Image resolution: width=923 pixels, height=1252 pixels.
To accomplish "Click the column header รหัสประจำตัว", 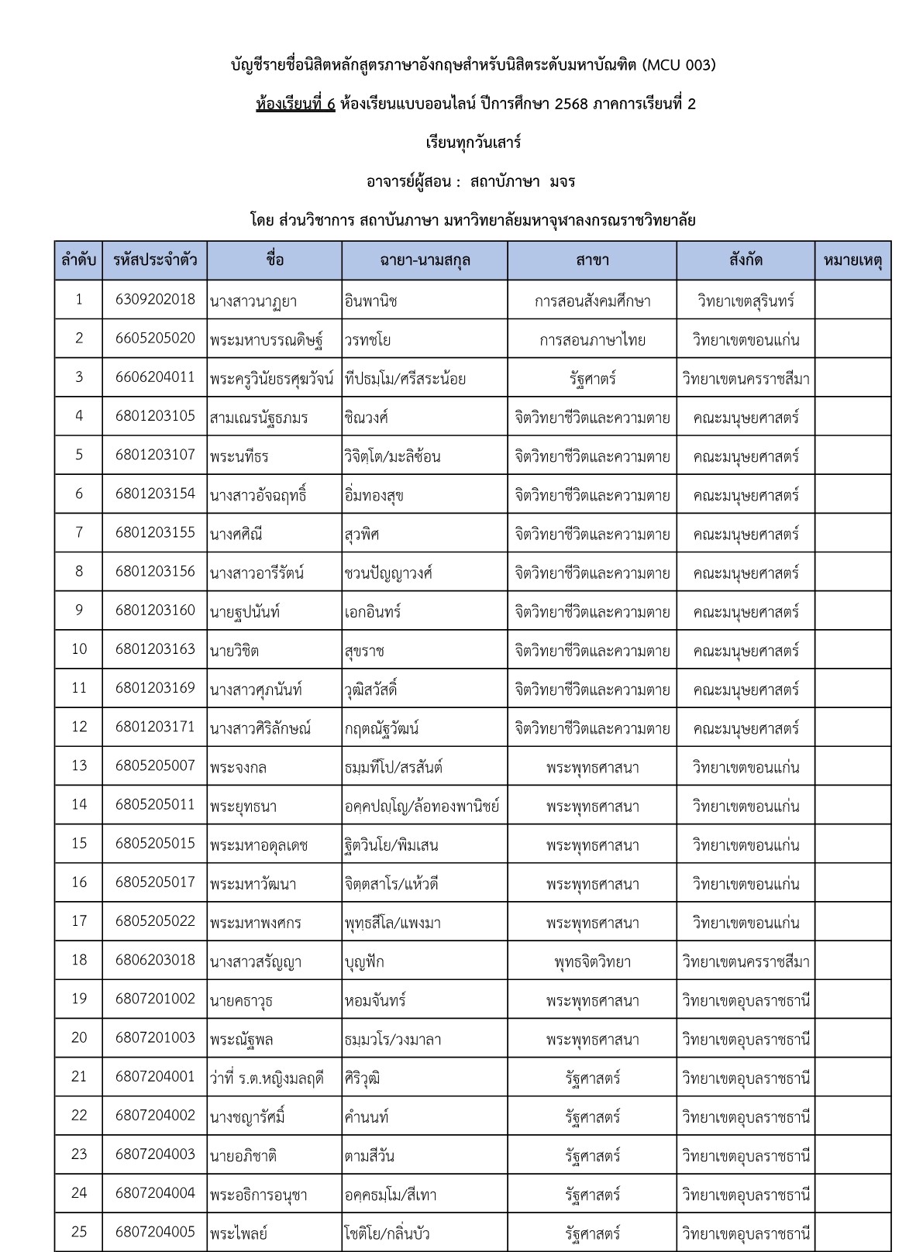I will pos(155,260).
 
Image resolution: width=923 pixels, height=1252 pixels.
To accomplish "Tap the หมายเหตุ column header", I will pos(852,260).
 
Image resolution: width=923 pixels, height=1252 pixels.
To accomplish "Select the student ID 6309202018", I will pos(155,300).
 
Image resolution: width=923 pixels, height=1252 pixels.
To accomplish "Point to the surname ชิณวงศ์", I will pos(367,418).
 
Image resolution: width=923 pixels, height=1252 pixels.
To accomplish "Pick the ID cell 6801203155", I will pos(155,533).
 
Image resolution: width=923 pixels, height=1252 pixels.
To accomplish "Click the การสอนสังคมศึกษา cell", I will pos(592,301).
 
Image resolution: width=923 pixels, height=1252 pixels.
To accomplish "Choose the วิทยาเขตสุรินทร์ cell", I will pos(746,301).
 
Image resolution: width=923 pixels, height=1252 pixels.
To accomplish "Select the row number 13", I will pos(79,765).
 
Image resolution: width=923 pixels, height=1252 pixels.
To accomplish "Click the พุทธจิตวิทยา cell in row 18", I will pos(592,961).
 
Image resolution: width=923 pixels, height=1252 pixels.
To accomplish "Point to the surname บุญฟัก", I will pos(364,961).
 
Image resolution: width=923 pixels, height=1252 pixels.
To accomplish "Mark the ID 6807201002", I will pos(155,999).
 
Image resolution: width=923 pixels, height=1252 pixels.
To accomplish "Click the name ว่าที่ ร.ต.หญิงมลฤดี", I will pos(267,1078).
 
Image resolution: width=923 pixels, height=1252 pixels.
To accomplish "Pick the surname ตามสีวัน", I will pos(370,1156).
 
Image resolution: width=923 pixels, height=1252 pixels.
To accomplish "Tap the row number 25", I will pos(79,1232).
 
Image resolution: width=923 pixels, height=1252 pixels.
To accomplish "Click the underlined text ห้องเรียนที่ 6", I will pos(295,104).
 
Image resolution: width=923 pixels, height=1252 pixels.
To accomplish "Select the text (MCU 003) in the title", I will pos(679,65).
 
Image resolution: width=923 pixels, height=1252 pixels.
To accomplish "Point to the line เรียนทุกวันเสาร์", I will pos(474,143).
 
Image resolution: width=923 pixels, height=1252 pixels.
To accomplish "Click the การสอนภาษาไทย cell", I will pos(592,339).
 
